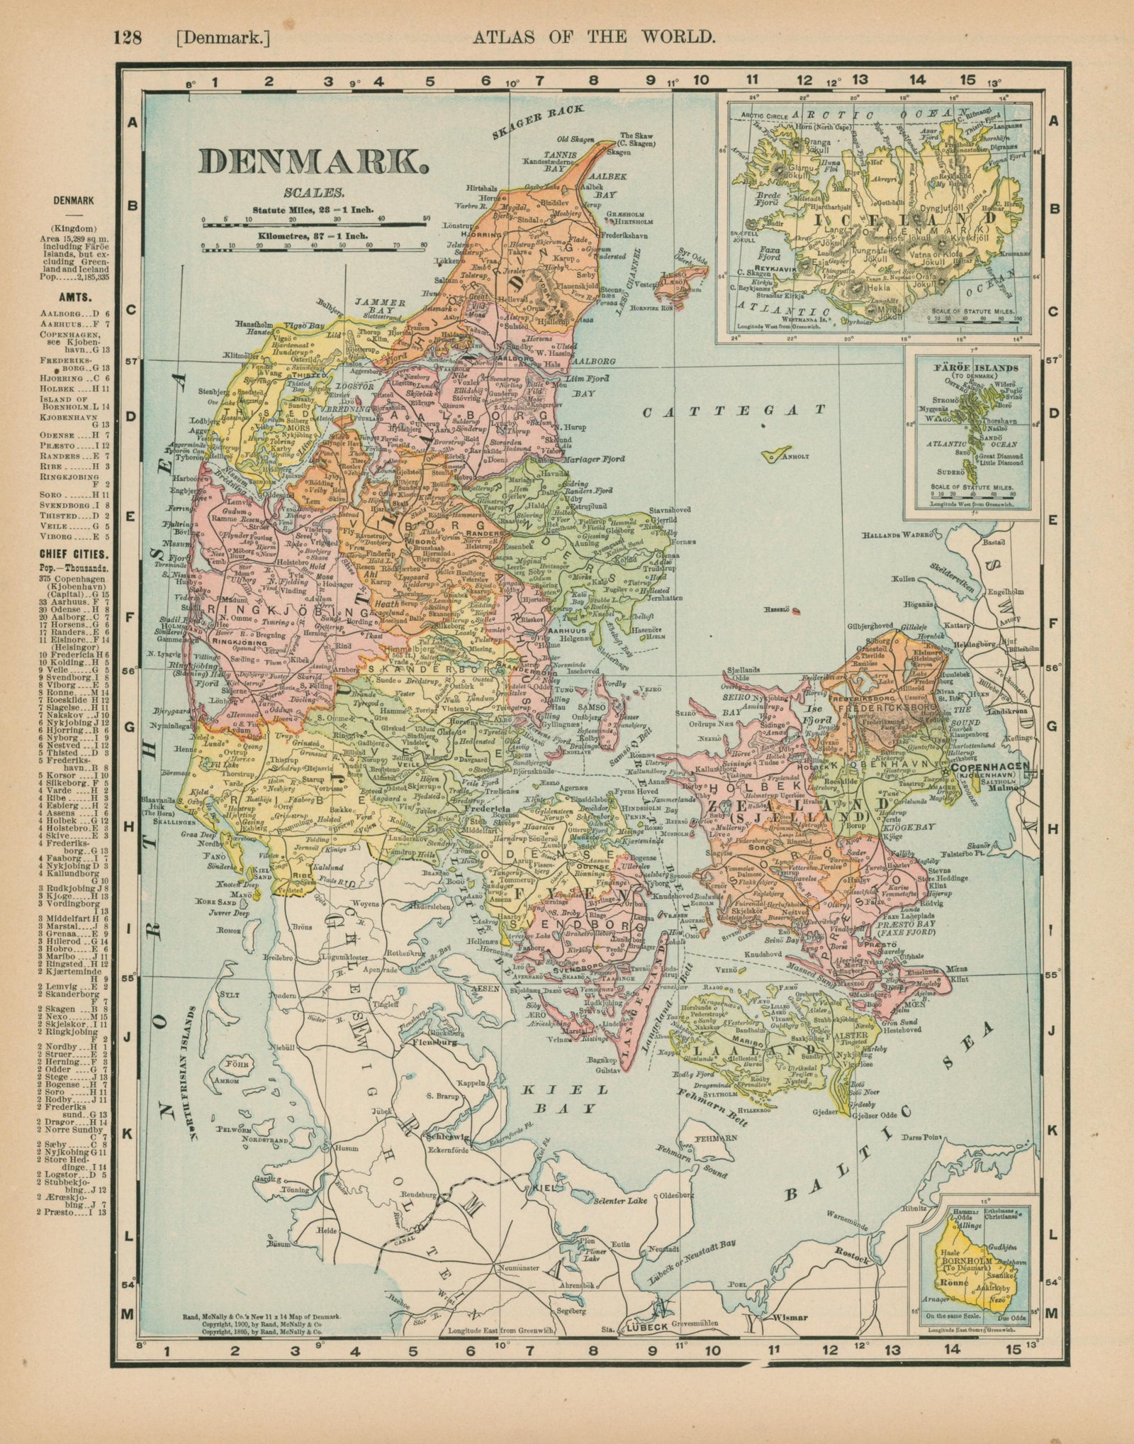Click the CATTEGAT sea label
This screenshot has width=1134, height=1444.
coord(734,411)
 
